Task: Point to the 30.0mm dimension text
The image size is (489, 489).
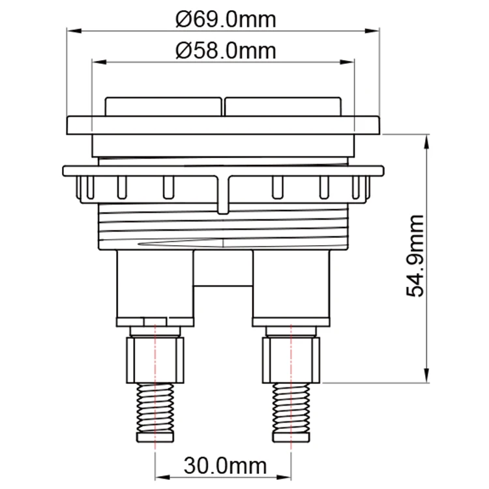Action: coord(225,466)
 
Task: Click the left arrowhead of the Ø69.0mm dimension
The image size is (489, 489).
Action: coord(73,31)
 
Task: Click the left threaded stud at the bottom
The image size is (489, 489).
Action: coord(156,411)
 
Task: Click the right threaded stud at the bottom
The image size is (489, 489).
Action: coord(291,411)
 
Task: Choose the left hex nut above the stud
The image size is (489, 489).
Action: coord(156,359)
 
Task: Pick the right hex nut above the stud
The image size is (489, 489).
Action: coord(291,359)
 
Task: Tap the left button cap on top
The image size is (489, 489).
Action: coord(164,107)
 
